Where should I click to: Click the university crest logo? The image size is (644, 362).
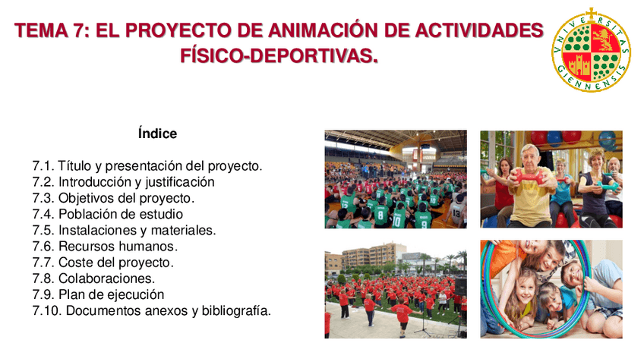point(591,49)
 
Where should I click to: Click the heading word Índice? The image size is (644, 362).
point(157,134)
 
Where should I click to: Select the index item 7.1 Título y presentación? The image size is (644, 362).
point(147,165)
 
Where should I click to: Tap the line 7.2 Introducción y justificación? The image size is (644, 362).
point(123,182)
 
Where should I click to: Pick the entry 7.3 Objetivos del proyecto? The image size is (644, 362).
point(113,198)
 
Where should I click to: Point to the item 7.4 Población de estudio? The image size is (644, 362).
point(108,214)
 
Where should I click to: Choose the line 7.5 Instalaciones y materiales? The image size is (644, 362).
point(124,230)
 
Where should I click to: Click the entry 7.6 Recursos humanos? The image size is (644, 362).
point(105,246)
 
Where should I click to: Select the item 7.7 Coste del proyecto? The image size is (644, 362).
point(103,263)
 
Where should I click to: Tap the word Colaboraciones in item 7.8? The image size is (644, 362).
point(107,279)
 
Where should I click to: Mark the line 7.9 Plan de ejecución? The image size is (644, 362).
point(98,294)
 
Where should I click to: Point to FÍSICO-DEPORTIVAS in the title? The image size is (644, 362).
point(279,55)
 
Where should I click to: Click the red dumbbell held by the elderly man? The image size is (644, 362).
point(528,178)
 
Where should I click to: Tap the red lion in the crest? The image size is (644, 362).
point(605,39)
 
